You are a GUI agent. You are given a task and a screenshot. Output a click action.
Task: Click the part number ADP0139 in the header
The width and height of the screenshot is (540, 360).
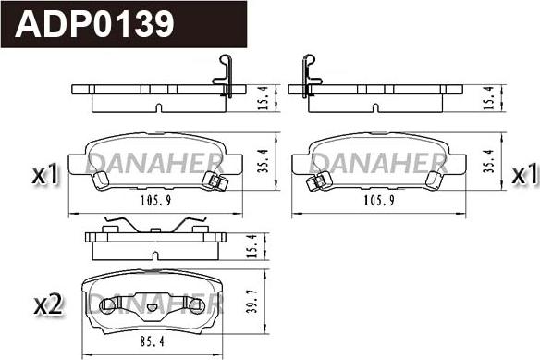coord(94,23)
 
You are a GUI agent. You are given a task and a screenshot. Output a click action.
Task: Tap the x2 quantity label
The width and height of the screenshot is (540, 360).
coord(48,304)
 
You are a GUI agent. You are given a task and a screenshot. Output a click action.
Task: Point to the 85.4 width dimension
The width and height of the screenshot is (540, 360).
coord(153,341)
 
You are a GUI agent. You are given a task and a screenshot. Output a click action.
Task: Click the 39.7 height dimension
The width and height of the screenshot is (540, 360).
coord(252,301)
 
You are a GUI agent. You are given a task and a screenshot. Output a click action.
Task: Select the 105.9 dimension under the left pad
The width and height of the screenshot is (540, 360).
coord(155,200)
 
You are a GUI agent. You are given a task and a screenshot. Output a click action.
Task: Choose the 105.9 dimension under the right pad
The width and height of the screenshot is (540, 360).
coord(379,200)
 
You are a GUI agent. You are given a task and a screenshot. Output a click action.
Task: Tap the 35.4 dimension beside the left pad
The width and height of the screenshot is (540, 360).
coord(263,161)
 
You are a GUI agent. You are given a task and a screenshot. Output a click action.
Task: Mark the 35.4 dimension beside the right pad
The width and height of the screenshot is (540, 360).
coord(489,161)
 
